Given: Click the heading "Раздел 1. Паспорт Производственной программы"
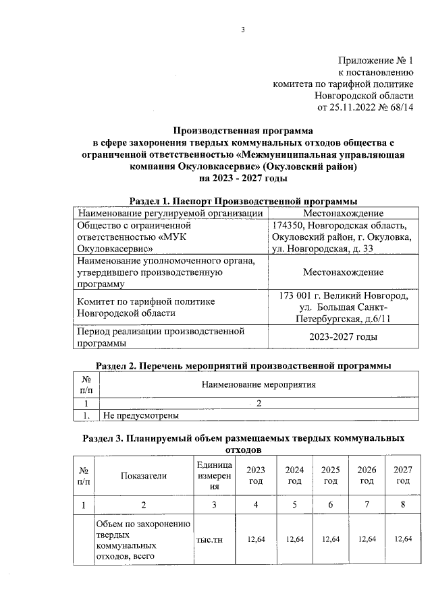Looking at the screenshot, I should [x=243, y=202].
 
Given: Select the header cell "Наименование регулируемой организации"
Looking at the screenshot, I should [x=170, y=213].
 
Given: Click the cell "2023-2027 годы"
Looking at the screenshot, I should [x=343, y=337].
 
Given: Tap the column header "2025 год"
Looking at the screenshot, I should [x=331, y=475].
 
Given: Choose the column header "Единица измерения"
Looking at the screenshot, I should [x=214, y=475].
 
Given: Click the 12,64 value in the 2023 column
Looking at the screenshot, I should [x=256, y=539].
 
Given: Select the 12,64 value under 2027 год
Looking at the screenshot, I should [x=402, y=539].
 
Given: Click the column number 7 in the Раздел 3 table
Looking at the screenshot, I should [x=367, y=505].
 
